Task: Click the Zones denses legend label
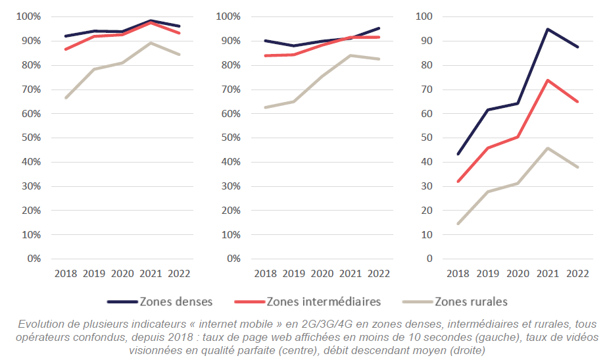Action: coord(176,302)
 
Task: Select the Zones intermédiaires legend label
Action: coord(324,302)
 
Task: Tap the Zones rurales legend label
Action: coord(470,302)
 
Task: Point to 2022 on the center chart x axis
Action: coord(377,274)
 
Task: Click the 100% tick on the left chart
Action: coord(28,16)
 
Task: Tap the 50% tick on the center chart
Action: coord(228,138)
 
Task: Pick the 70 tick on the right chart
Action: coord(429,89)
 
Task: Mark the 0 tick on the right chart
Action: coord(429,259)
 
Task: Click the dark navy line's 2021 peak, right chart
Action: coord(548,29)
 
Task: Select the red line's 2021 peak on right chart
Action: coord(548,80)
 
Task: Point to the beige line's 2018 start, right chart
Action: coord(458,224)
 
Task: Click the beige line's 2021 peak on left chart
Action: coord(151,43)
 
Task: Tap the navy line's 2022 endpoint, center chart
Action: coord(379,28)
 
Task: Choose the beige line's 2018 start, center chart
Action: coord(265,107)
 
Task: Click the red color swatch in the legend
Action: coord(249,302)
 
